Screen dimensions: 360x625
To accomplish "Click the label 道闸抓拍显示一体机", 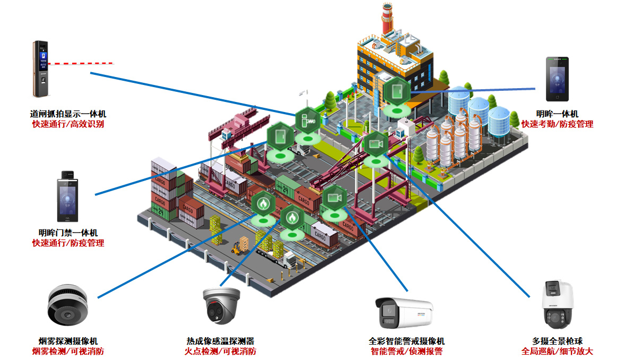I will (68, 114).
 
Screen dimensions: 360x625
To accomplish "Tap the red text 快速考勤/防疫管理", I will (557, 124).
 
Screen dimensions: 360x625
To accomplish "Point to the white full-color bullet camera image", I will (404, 312).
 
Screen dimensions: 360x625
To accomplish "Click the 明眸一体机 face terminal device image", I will (557, 79).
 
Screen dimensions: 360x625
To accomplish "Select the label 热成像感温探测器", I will (220, 341).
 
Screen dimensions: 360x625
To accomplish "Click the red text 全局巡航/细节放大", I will (557, 351).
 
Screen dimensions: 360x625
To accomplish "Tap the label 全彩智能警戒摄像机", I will (406, 341).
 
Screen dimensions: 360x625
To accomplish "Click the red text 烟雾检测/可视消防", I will (68, 351).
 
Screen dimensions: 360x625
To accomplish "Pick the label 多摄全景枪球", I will (557, 341).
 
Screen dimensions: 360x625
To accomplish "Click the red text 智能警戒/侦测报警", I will (406, 351).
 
